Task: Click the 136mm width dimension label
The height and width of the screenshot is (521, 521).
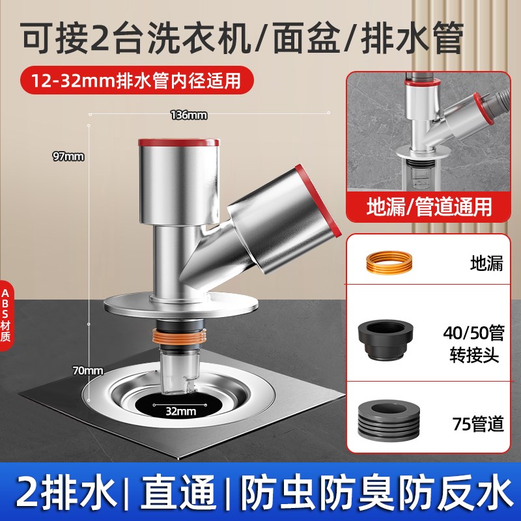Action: point(189,115)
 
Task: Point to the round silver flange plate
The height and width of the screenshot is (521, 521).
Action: point(180,303)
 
